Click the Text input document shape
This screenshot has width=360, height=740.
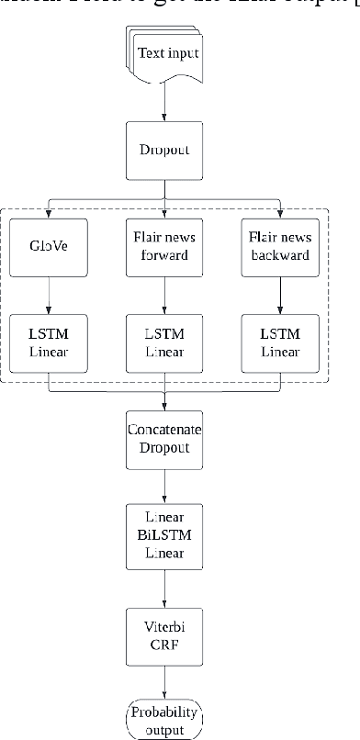(x=166, y=55)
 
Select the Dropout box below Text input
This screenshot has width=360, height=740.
(x=165, y=150)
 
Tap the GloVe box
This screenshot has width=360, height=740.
(x=49, y=246)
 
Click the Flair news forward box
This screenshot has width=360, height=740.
(x=165, y=246)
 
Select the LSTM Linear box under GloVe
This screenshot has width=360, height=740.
(x=49, y=342)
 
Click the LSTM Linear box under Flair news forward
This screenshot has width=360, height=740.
(x=165, y=342)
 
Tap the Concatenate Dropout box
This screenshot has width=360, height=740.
(x=165, y=439)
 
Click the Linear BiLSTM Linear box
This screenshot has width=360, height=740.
(x=165, y=535)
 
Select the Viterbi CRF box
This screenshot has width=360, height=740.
(x=165, y=632)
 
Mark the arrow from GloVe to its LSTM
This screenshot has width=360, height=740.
(x=49, y=294)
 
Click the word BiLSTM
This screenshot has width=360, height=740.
(x=165, y=535)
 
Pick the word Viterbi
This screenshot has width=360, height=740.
(x=165, y=623)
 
